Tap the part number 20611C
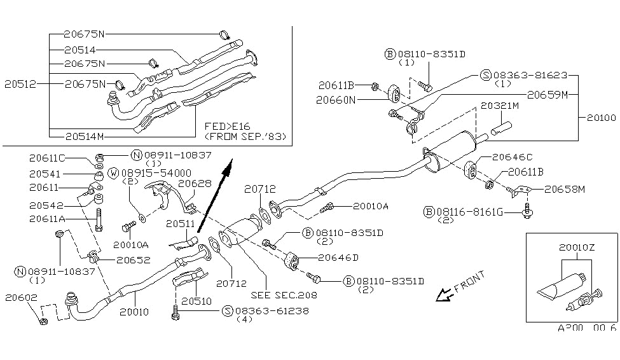(46, 157)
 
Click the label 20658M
(562, 189)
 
